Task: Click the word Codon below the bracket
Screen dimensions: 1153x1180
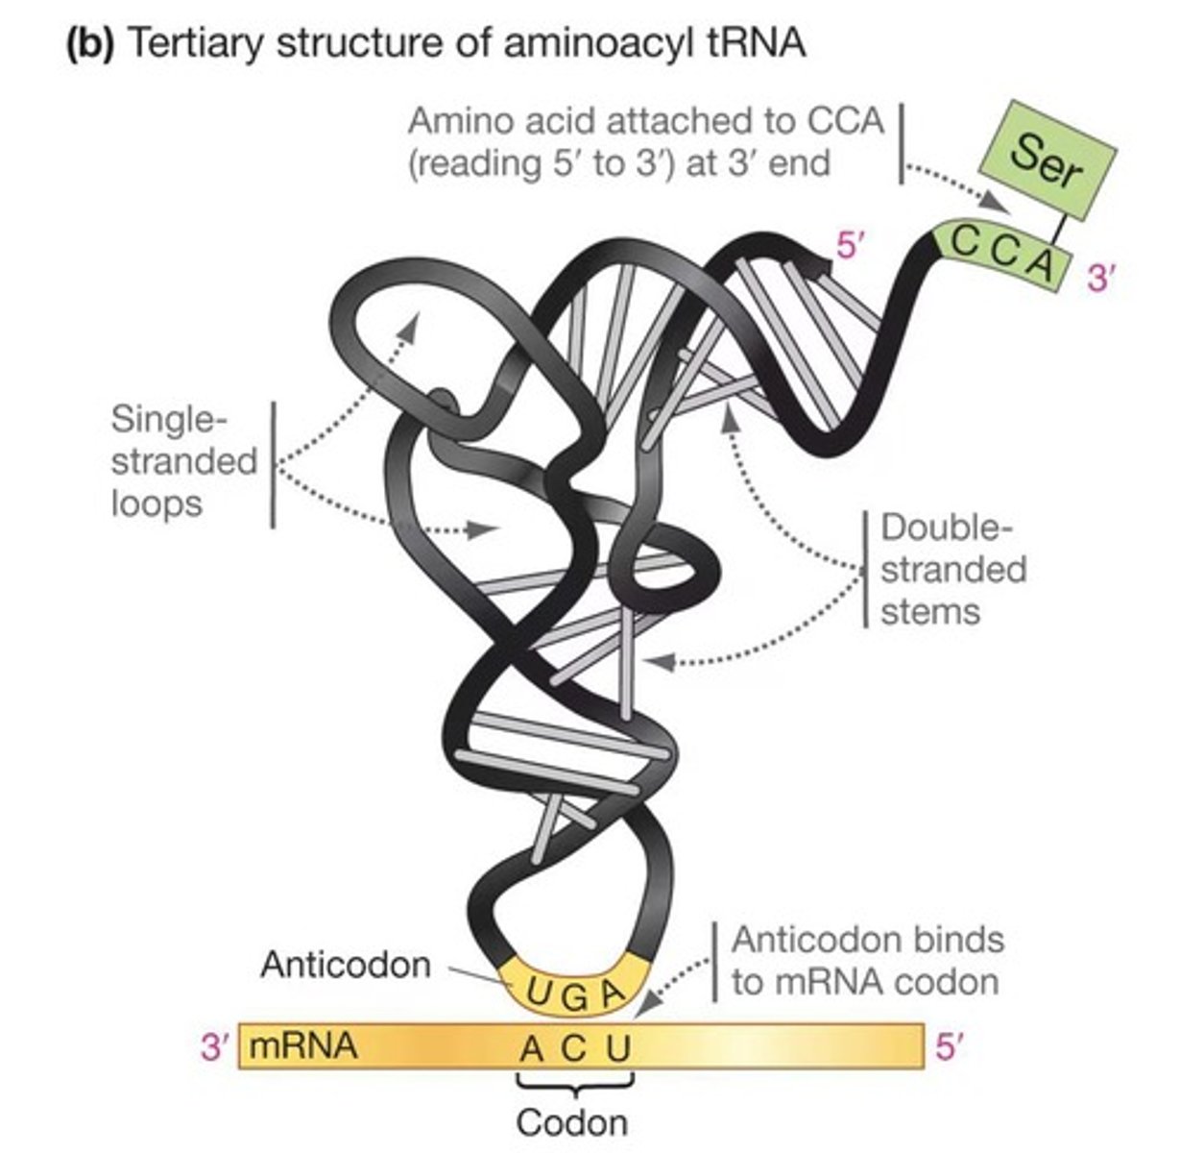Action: [x=572, y=1121]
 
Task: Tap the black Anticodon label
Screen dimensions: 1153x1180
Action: [x=346, y=964]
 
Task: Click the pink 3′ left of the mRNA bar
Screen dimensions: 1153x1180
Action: [x=216, y=1046]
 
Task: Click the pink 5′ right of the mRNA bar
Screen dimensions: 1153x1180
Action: [x=948, y=1046]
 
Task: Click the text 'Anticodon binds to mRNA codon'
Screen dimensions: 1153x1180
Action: [x=867, y=960]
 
